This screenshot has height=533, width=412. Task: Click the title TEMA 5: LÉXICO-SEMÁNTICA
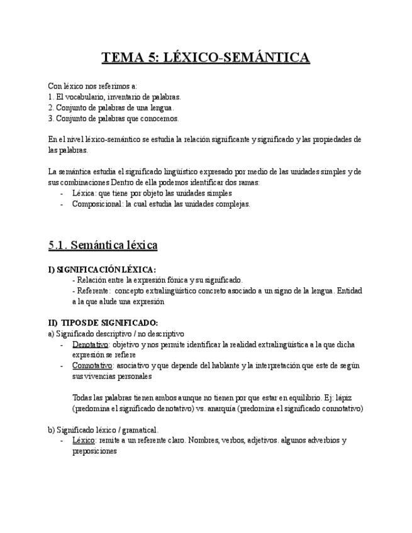[x=206, y=58]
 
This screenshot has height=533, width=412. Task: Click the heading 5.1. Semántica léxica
[x=103, y=245]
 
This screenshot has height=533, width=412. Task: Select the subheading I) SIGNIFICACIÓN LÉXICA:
[x=102, y=270]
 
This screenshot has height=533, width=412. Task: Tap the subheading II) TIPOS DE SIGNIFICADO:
[x=98, y=322]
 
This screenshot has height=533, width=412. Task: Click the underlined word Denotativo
[x=91, y=344]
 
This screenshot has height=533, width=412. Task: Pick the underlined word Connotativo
[x=92, y=365]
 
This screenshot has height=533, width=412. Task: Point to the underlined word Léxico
[x=83, y=441]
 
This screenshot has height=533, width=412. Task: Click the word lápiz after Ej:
[x=344, y=398]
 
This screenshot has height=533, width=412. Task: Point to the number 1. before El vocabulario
[x=50, y=97]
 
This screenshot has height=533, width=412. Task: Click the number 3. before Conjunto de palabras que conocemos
[x=50, y=118]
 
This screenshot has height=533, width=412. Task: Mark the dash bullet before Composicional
[x=62, y=204]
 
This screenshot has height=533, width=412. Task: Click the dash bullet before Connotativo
[x=62, y=365]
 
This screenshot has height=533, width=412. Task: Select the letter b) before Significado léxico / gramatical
[x=51, y=430]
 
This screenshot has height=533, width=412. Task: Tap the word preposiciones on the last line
[x=94, y=451]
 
